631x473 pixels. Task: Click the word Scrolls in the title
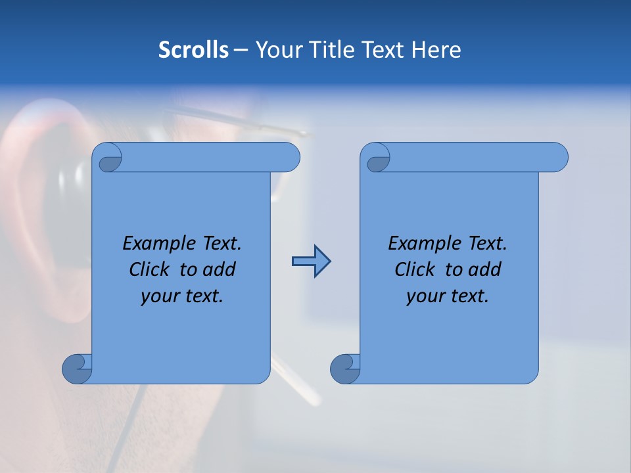pyautogui.click(x=194, y=50)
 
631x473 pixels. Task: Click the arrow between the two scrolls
pyautogui.click(x=311, y=261)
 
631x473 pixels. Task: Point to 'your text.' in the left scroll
pyautogui.click(x=182, y=296)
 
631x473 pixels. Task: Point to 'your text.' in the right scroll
pyautogui.click(x=448, y=296)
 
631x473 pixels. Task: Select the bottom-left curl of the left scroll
pyautogui.click(x=77, y=369)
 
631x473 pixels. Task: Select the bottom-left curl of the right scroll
pyautogui.click(x=345, y=369)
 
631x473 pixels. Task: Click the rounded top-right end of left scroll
pyautogui.click(x=289, y=158)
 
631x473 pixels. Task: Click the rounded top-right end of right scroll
pyautogui.click(x=557, y=158)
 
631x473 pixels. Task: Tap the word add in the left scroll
pyautogui.click(x=220, y=269)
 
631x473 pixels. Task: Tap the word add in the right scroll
pyautogui.click(x=485, y=269)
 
